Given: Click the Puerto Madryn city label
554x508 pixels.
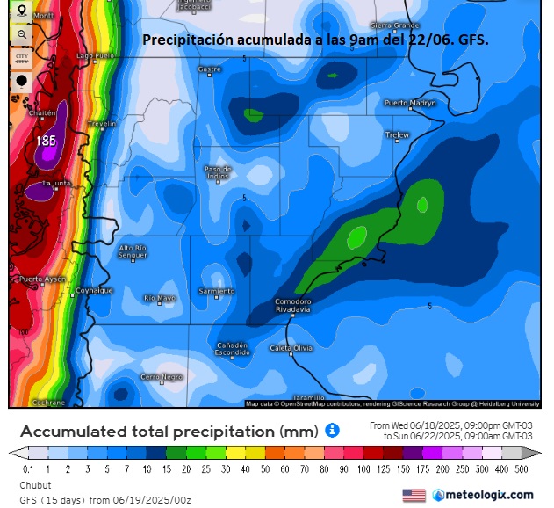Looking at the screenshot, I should (x=409, y=103).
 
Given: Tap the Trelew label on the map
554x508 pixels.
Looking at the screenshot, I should (x=398, y=134).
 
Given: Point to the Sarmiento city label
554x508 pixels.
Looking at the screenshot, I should (x=217, y=291).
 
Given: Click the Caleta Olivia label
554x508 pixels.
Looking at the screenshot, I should (x=291, y=348).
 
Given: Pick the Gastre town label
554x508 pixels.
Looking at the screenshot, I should (x=210, y=69).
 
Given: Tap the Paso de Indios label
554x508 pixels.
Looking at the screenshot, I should (x=218, y=171).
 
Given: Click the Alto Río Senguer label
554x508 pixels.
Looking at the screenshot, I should (x=133, y=250).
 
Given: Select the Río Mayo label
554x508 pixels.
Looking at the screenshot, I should (x=160, y=298).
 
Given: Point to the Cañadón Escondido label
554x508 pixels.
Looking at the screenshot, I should (x=233, y=348).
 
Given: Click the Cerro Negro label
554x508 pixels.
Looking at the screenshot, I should (x=162, y=376).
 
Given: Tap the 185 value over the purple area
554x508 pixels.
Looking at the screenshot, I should (x=47, y=141).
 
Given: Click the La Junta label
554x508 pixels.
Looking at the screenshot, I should (x=57, y=183).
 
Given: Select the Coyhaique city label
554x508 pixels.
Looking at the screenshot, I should (x=94, y=290).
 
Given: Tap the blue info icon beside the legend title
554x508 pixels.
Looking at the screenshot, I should (x=332, y=431).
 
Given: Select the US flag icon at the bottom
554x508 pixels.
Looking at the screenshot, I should (x=414, y=496).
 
